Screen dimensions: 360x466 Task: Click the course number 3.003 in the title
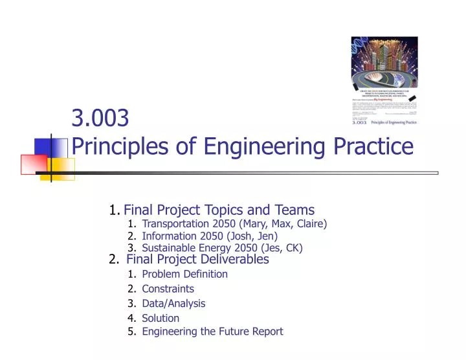coord(100,118)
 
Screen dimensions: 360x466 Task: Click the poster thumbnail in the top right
coord(384,82)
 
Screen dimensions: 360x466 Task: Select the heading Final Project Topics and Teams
coord(219,210)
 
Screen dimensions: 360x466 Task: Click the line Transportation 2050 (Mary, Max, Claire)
coord(234,224)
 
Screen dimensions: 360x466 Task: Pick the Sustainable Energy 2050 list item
coord(222,248)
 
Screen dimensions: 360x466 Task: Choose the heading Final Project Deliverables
coord(197,260)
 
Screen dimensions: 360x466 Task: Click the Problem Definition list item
coord(184,274)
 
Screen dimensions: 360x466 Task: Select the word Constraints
coord(168,289)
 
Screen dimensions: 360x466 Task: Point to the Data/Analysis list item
coord(173,303)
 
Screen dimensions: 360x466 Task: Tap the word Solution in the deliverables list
coord(161,318)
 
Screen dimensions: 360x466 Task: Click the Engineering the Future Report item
coord(212,332)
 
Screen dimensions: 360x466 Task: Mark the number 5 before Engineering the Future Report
coord(131,332)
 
